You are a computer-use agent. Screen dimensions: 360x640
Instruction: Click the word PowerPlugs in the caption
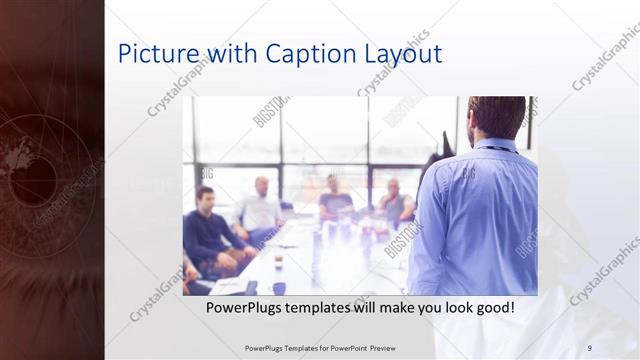[x=245, y=308]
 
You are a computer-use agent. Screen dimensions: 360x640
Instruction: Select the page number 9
[x=589, y=348]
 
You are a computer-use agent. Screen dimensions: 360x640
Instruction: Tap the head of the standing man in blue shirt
[x=496, y=116]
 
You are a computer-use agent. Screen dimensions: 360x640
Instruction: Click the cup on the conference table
[x=278, y=261]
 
